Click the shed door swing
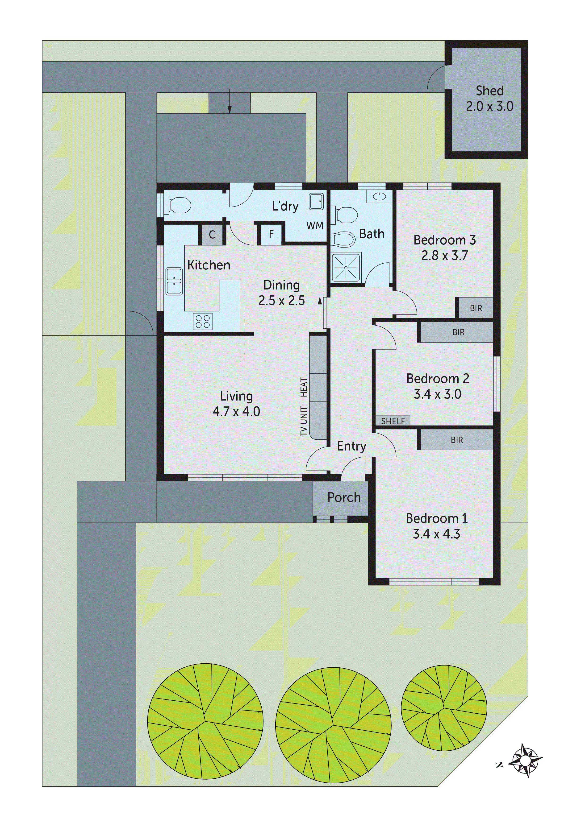437,78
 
